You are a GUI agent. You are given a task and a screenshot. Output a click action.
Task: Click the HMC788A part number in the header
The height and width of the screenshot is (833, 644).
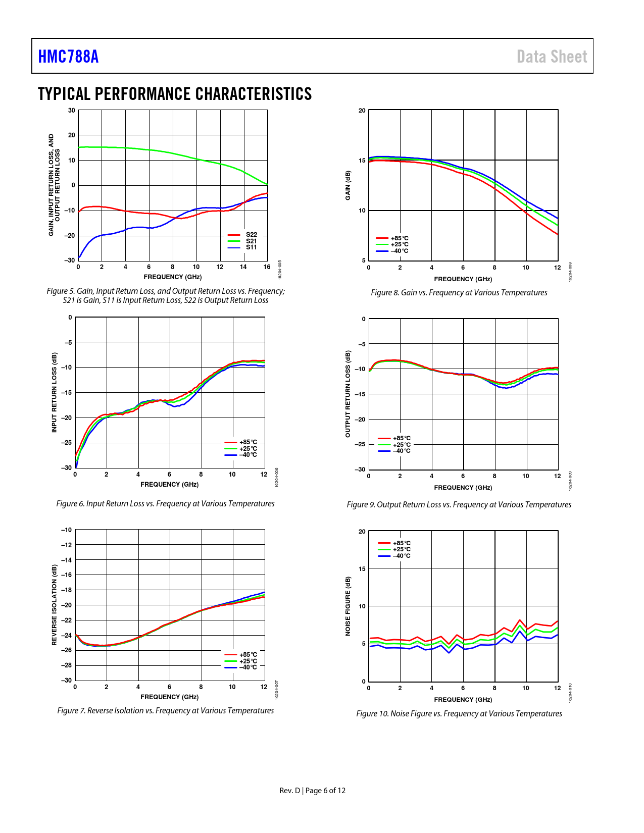(68, 57)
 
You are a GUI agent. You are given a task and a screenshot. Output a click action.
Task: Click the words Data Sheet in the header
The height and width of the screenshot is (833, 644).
(552, 57)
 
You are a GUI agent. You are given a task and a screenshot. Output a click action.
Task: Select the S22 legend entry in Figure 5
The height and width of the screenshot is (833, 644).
(251, 235)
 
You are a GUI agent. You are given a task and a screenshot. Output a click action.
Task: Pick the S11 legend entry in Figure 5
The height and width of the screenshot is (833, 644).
(251, 247)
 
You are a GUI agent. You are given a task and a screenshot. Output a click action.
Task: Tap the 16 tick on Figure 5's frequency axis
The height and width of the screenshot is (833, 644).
(267, 267)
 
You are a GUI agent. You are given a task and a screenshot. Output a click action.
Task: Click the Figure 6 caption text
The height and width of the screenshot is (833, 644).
(165, 504)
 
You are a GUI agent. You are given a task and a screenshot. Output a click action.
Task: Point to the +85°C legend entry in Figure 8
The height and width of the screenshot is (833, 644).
(399, 238)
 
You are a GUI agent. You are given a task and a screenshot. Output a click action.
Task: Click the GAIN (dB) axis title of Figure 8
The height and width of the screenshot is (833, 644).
(348, 185)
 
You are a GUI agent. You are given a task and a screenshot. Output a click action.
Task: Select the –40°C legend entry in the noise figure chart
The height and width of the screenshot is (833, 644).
(402, 556)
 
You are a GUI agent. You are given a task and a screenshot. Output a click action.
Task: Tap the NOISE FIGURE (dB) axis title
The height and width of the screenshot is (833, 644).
(348, 606)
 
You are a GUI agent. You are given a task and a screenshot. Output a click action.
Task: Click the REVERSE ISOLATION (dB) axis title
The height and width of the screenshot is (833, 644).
(55, 605)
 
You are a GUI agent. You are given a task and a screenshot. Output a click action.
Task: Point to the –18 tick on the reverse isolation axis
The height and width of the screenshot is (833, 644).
(67, 590)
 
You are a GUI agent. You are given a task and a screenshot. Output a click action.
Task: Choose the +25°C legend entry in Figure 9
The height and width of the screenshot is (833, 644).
(402, 445)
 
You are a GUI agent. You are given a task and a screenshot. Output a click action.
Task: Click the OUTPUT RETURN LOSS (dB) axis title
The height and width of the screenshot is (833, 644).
(348, 394)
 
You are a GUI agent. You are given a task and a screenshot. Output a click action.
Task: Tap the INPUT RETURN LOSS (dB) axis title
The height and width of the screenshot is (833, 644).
(55, 392)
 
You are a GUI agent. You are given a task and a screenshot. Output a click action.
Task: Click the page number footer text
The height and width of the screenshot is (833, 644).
(313, 791)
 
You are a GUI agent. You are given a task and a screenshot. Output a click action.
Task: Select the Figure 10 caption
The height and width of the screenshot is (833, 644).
(459, 714)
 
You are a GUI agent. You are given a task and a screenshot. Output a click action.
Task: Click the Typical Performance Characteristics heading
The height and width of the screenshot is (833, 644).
(175, 94)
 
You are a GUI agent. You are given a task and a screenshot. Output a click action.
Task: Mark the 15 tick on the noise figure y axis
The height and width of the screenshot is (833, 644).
(362, 569)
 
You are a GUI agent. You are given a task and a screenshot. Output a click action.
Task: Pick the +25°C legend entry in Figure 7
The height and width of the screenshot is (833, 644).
(247, 661)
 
